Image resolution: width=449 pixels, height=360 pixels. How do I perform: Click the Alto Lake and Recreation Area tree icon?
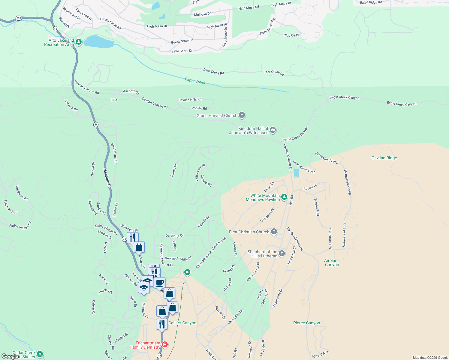pyautogui.click(x=79, y=42)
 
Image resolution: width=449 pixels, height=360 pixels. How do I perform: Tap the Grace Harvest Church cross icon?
pyautogui.click(x=242, y=115)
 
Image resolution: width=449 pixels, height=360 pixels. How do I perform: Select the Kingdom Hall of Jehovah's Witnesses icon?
pyautogui.click(x=273, y=130)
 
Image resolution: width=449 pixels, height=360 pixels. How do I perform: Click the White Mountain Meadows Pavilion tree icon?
pyautogui.click(x=284, y=197)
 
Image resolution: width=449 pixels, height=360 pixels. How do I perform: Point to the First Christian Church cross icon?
pyautogui.click(x=274, y=231)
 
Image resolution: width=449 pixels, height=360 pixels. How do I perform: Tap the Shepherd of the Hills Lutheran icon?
pyautogui.click(x=282, y=253)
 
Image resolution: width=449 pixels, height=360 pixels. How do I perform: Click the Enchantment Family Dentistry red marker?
pyautogui.click(x=164, y=345)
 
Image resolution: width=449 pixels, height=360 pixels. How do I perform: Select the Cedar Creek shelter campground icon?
pyautogui.click(x=40, y=354)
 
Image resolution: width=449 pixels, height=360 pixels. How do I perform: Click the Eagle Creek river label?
pyautogui.click(x=195, y=81)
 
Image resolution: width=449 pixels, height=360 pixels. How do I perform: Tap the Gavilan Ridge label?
pyautogui.click(x=384, y=158)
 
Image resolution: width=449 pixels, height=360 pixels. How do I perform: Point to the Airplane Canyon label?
pyautogui.click(x=332, y=262)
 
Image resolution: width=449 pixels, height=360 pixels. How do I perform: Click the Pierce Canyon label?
pyautogui.click(x=306, y=323)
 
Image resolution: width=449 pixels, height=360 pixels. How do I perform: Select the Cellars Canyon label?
pyautogui.click(x=182, y=323)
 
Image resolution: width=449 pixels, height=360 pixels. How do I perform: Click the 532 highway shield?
pyautogui.click(x=19, y=18)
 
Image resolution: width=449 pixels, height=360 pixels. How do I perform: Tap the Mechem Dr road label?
pyautogui.click(x=107, y=178)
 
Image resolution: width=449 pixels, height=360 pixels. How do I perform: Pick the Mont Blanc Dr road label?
pyautogui.click(x=114, y=153)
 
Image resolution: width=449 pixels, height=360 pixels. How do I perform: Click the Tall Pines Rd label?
pyautogui.click(x=22, y=193)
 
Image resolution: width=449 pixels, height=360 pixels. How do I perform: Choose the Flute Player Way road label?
pyautogui.click(x=268, y=26)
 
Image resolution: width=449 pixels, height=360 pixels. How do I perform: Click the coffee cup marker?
pyautogui.click(x=160, y=282)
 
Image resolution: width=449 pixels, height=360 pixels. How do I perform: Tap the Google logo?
pyautogui.click(x=10, y=356)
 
